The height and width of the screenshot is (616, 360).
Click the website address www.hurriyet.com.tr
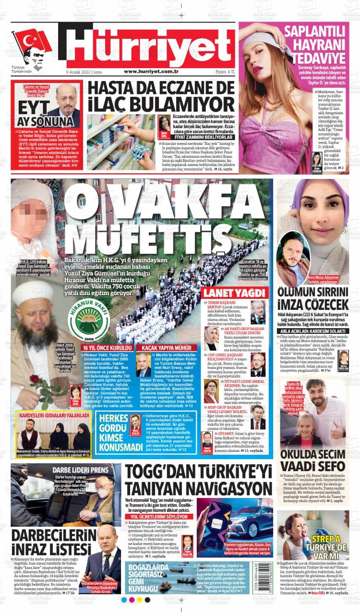point(152,71)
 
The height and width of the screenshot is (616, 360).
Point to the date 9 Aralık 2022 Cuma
point(84,71)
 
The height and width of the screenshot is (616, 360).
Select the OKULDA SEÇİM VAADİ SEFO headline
point(312,460)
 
